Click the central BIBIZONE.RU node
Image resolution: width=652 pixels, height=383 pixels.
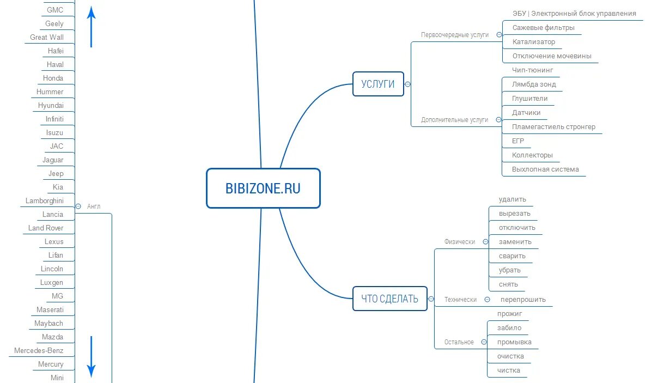263,189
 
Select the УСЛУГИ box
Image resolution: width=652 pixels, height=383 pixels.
378,84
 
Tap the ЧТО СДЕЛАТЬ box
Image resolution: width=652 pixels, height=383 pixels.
389,299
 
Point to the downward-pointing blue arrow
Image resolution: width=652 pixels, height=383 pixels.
92,357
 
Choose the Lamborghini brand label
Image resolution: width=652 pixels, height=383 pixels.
45,201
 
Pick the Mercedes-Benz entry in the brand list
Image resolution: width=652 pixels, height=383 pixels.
39,351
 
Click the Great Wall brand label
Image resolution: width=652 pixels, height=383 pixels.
47,38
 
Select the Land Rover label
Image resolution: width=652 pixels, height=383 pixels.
46,228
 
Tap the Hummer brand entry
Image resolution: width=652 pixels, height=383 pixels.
50,92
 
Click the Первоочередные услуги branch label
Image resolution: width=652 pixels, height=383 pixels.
455,35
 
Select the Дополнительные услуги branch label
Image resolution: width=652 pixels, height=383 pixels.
455,120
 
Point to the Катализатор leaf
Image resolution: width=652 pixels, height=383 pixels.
534,42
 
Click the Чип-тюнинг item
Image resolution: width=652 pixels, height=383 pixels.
533,70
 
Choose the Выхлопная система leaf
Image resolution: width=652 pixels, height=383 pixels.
545,169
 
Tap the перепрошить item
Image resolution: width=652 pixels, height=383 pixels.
523,300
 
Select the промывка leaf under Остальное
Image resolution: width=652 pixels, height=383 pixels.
514,342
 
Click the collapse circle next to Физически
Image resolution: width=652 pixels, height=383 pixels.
485,242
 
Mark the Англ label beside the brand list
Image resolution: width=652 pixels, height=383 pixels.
94,206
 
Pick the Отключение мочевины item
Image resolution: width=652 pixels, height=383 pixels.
552,56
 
